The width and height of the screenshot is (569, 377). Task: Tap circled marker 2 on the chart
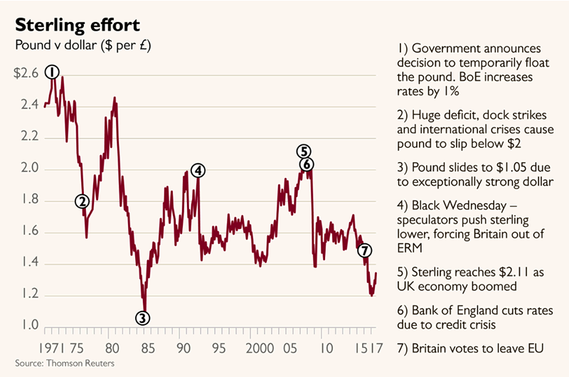(x=83, y=201)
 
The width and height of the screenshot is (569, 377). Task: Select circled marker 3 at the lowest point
(x=143, y=318)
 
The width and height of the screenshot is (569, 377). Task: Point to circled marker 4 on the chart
(x=198, y=170)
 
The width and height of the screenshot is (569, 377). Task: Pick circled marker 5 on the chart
(x=304, y=151)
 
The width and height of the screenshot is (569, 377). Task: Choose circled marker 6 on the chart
(x=307, y=164)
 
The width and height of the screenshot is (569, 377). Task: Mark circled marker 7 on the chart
(x=364, y=250)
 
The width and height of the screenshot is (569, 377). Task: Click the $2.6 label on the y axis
(x=26, y=73)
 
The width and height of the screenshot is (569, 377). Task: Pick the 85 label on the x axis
(x=147, y=349)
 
